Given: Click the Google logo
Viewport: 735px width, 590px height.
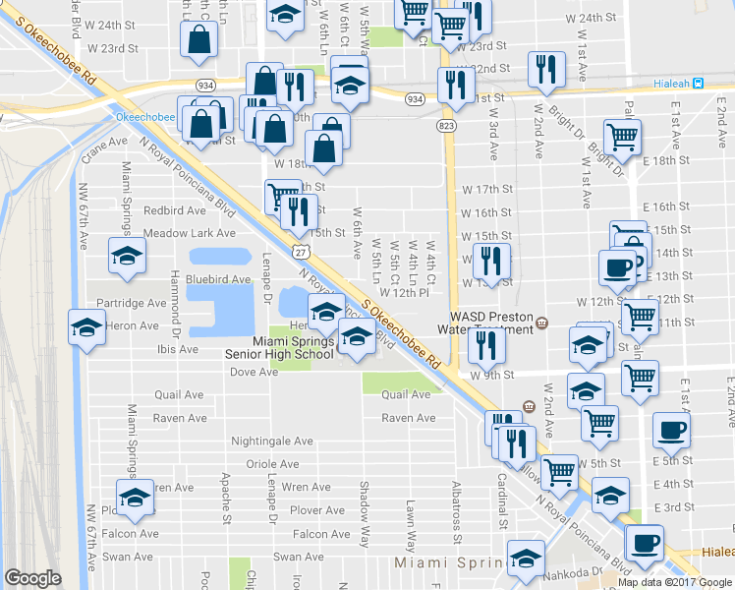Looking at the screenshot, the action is [x=33, y=578].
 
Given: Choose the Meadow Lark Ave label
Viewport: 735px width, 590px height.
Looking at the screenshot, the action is [x=190, y=233].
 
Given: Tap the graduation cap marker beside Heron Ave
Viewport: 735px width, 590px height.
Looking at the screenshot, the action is [x=86, y=327].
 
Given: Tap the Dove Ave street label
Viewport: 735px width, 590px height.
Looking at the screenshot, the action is [x=254, y=372].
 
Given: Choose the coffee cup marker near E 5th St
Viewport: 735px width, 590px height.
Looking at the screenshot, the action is [x=671, y=430].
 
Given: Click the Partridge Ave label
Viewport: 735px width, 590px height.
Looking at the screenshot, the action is [x=132, y=303].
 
